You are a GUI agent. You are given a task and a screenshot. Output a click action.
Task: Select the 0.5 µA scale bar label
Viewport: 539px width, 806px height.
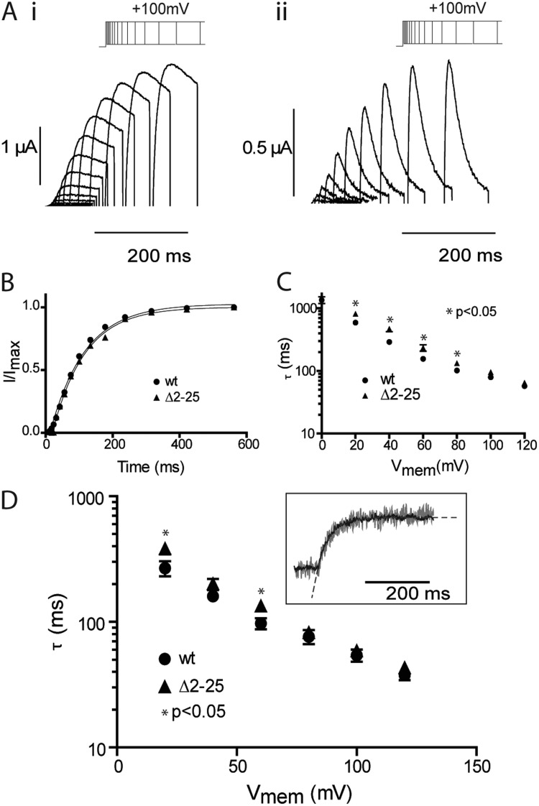[x=264, y=152]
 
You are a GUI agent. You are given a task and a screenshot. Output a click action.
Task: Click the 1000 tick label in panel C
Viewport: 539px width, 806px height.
[x=305, y=309]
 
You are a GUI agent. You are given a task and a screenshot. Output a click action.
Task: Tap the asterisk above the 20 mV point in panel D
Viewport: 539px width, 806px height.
[x=165, y=534]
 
